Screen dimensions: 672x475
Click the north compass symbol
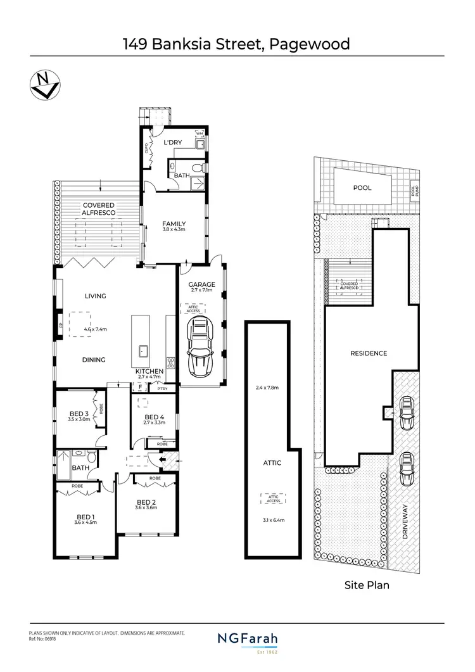point(42,85)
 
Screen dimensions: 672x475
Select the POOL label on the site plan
point(363,188)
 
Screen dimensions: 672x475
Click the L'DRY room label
point(173,143)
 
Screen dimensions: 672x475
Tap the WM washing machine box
point(199,134)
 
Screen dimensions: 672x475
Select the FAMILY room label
point(174,224)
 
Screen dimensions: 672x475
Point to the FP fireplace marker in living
point(61,326)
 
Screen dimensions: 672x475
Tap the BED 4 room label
point(155,416)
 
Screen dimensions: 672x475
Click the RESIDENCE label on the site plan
point(369,353)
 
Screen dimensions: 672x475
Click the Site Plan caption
point(366,585)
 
